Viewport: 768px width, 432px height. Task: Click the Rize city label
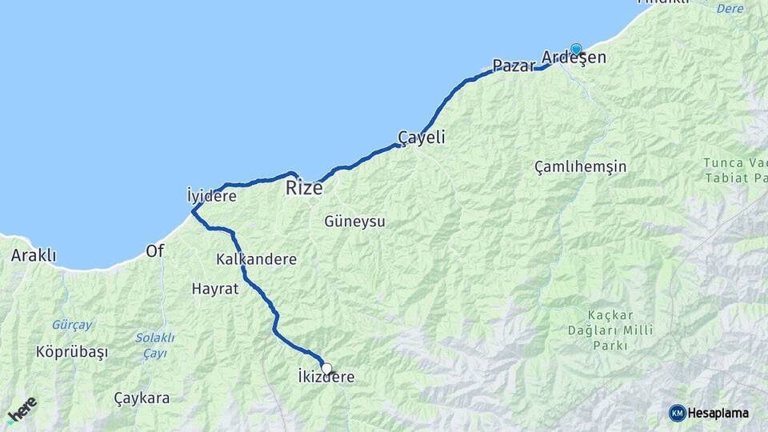tap(304, 189)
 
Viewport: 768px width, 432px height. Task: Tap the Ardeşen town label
tap(574, 58)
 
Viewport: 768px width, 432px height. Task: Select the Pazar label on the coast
tap(513, 66)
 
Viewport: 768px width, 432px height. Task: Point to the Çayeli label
tap(422, 138)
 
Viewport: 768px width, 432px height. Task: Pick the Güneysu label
tap(354, 221)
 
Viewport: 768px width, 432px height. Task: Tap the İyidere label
tap(211, 195)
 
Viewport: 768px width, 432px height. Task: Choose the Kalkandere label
tap(256, 259)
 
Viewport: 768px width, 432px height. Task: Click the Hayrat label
tap(215, 289)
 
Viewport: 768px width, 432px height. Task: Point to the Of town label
tap(154, 251)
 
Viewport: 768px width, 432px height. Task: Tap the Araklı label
tap(34, 256)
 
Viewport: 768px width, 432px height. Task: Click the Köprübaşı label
tap(71, 352)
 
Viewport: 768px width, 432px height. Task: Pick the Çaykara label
tap(142, 398)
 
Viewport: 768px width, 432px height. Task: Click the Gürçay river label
tap(72, 325)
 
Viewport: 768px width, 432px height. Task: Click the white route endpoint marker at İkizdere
tap(326, 369)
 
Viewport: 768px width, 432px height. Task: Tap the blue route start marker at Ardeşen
tap(576, 49)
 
